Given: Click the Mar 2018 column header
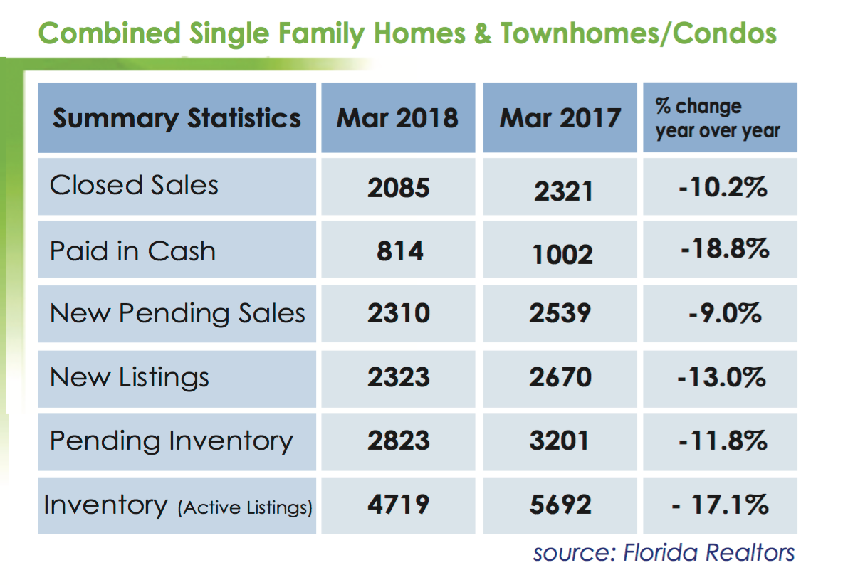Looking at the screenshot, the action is click(397, 117).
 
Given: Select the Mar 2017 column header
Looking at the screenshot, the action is click(560, 117).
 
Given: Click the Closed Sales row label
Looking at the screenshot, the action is click(134, 185).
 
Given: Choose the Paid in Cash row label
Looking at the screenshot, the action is click(133, 251).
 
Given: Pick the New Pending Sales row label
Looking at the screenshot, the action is click(177, 313).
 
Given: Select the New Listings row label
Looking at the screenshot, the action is click(130, 377).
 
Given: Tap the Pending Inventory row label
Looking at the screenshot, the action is click(172, 441).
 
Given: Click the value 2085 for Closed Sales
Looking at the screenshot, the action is click(399, 188).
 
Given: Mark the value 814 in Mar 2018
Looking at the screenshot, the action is click(400, 251).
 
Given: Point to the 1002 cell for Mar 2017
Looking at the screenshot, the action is click(562, 254).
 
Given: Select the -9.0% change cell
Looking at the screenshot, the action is click(725, 313).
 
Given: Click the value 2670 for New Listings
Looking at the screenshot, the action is click(560, 377).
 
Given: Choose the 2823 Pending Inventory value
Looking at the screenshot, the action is click(399, 441).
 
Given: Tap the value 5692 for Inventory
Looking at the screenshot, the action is click(560, 505).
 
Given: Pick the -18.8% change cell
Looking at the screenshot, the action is click(725, 248).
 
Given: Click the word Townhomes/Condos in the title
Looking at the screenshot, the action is click(639, 33).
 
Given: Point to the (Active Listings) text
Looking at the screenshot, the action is click(245, 507).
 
